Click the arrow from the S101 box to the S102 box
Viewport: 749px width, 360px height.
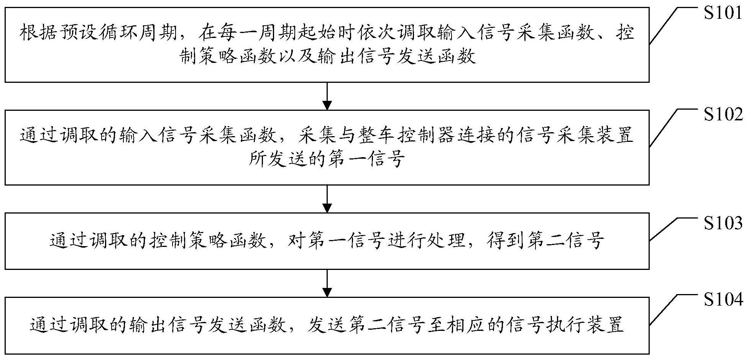(327, 96)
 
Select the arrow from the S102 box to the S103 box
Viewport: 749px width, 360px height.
(327, 199)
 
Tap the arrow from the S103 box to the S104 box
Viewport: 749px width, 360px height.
(327, 283)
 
